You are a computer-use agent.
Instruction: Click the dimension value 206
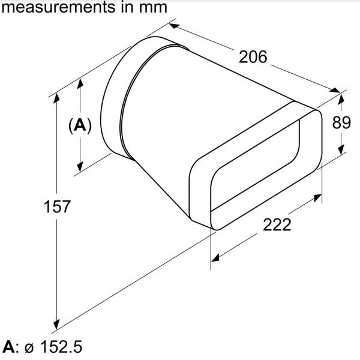[253, 58]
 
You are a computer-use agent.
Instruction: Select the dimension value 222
[277, 224]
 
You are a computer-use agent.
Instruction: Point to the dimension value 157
[58, 206]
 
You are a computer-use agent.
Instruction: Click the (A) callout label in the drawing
[80, 126]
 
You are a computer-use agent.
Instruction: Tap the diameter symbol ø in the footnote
[28, 348]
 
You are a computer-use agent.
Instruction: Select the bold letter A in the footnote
[9, 347]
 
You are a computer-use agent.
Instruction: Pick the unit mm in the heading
[148, 8]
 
